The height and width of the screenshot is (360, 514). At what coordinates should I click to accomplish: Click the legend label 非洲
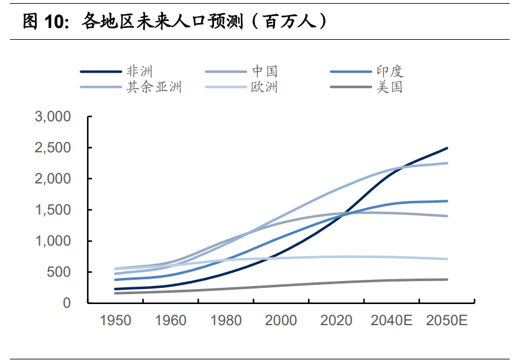[139, 72]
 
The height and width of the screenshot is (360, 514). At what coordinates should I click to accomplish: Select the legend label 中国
[265, 72]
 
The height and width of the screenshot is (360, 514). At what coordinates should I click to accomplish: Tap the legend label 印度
[390, 72]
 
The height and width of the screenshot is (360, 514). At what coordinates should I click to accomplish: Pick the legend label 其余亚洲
[154, 87]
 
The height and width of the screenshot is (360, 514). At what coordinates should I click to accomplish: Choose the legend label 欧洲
[265, 87]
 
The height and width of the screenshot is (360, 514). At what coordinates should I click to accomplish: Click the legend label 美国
[390, 87]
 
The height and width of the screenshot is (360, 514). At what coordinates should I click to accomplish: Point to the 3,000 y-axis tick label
[54, 116]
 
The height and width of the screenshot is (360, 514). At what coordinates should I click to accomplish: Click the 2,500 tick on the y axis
[54, 147]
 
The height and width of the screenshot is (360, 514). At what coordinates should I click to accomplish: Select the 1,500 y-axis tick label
[54, 210]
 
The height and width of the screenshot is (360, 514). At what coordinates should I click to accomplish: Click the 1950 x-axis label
[116, 321]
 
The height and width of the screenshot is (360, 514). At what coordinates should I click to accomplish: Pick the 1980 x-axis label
[226, 321]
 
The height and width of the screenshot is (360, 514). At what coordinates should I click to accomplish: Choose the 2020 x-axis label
[336, 321]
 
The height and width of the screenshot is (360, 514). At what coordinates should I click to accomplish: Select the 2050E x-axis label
[447, 321]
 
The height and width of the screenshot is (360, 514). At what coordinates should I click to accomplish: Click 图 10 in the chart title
[44, 22]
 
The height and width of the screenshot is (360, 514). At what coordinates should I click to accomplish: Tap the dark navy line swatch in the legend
[100, 72]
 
